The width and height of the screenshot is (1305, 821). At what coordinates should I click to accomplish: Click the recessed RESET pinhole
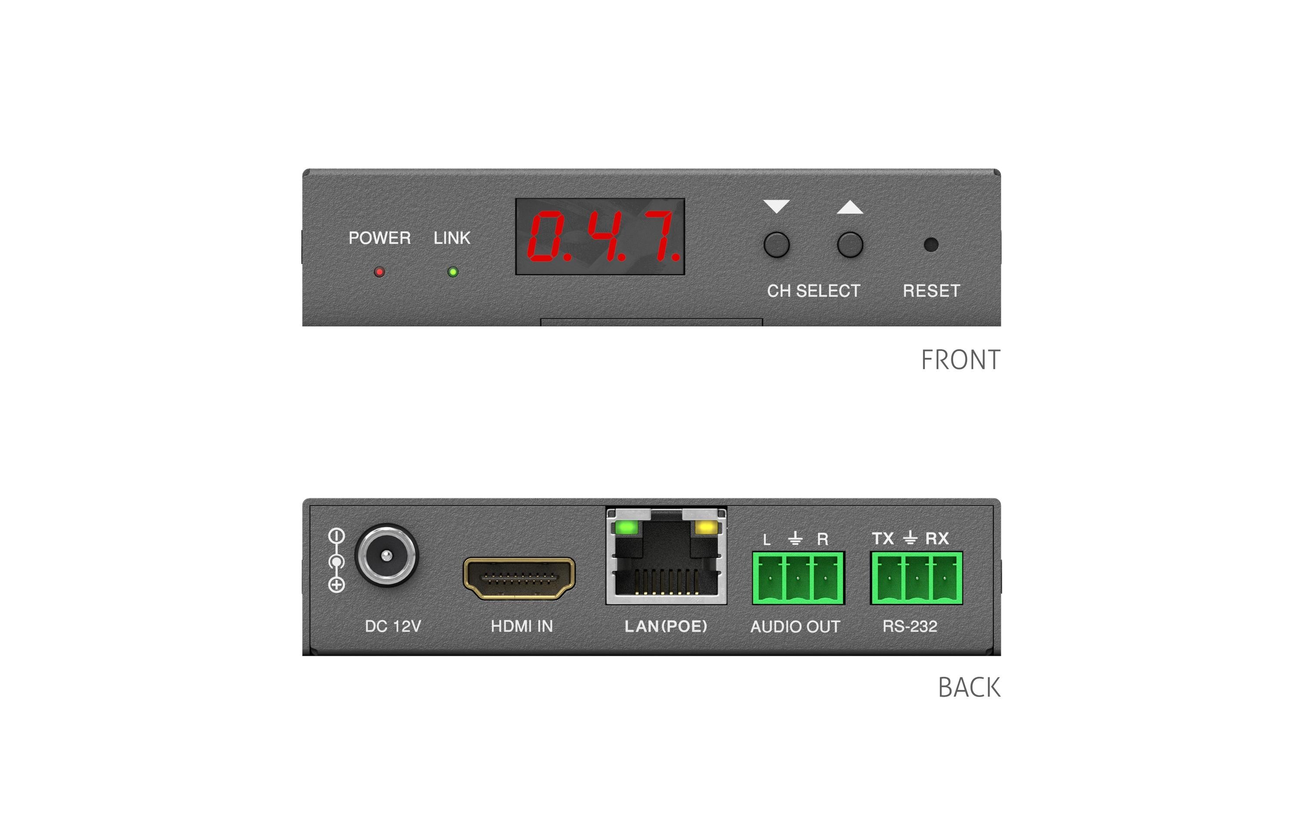pyautogui.click(x=930, y=244)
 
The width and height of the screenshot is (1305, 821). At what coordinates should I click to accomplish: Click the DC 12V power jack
pyautogui.click(x=386, y=555)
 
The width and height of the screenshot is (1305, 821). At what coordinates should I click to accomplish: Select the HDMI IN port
pyautogui.click(x=519, y=579)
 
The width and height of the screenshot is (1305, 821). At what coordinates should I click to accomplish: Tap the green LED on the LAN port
pyautogui.click(x=626, y=527)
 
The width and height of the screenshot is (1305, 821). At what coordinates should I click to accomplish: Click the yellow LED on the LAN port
pyautogui.click(x=706, y=527)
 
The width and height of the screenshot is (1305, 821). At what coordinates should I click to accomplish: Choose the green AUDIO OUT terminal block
pyautogui.click(x=798, y=577)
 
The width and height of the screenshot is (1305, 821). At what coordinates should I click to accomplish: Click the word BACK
pyautogui.click(x=969, y=688)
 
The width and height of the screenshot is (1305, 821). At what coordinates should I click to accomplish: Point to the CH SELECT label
pyautogui.click(x=813, y=291)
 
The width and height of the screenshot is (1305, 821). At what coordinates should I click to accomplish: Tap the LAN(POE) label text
pyautogui.click(x=666, y=627)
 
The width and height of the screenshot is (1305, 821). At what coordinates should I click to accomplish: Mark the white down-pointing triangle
pyautogui.click(x=776, y=207)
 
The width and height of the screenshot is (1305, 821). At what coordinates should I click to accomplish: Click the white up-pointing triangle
pyautogui.click(x=850, y=207)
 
